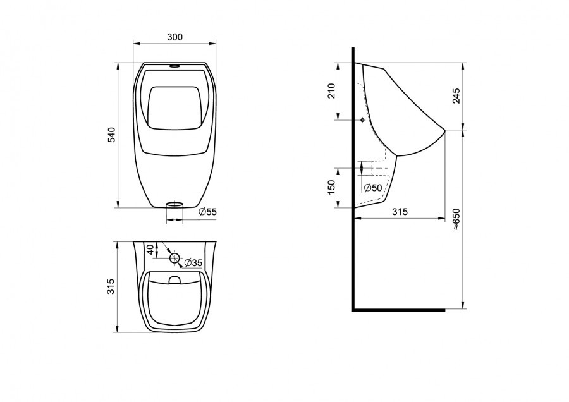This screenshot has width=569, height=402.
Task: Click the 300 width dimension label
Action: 175,37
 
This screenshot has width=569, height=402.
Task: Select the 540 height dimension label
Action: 111,135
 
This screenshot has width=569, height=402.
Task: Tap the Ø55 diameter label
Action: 207,212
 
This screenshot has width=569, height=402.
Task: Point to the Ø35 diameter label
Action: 193,263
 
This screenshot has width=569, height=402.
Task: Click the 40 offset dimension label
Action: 150,249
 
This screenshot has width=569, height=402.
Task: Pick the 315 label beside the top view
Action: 111,286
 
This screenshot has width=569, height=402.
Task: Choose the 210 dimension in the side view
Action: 331,91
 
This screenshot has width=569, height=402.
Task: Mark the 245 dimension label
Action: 456,96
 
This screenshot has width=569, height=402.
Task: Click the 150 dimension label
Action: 331,187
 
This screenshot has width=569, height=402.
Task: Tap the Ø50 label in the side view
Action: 372,188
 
